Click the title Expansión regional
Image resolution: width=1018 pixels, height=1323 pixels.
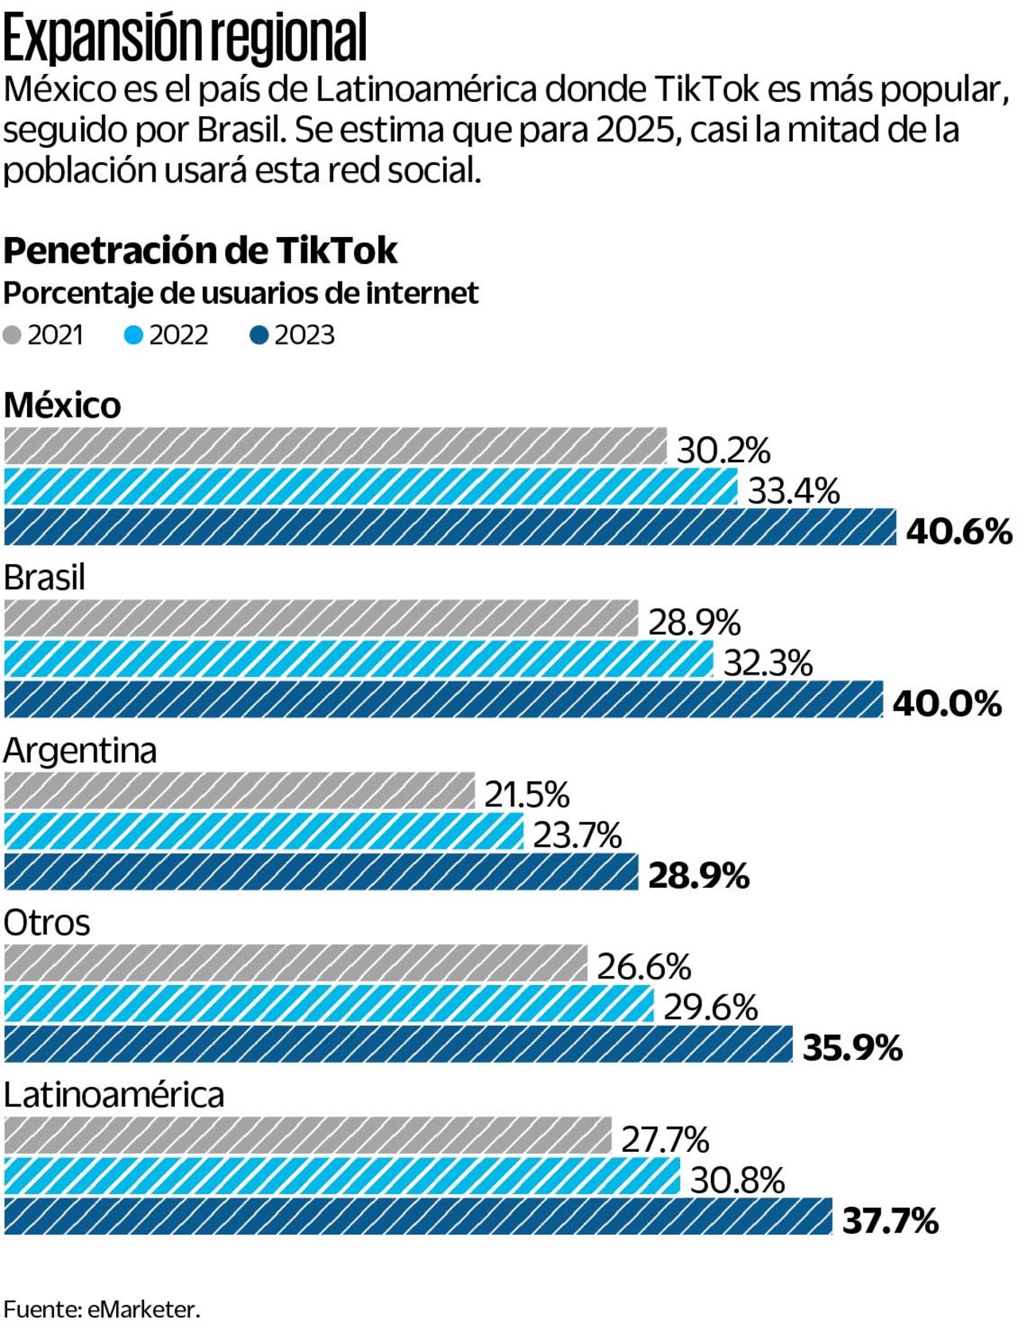coord(185,38)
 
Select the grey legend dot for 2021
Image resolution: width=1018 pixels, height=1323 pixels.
coord(12,335)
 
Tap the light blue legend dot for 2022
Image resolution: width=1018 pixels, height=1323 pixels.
coord(134,335)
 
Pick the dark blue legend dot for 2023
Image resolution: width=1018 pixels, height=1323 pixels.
coord(259,335)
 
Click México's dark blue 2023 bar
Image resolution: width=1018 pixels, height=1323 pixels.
coord(450,527)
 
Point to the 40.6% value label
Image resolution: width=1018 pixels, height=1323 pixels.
coord(958,531)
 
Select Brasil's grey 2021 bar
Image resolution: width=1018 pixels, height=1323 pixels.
coord(321,618)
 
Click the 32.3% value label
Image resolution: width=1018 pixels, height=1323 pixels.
coord(767,663)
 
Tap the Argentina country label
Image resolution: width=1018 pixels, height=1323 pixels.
coord(80,750)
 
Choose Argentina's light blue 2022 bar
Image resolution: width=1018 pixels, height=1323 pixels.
coord(264,831)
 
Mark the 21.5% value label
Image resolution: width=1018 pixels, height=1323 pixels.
coord(526,794)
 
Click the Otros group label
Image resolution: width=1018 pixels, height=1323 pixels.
coord(47,923)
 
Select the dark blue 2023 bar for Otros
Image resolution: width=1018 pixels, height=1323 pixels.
coord(398,1044)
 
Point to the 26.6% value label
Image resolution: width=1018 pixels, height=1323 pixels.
coord(643,967)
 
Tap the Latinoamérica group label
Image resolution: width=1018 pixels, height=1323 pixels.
coord(114,1095)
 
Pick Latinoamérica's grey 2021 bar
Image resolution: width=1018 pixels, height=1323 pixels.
coord(308,1135)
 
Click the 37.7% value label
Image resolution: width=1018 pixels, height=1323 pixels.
coord(890,1220)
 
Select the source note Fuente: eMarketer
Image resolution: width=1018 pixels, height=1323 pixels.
coord(102,1309)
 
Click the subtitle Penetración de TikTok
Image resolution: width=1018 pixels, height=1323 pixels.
coord(200,251)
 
